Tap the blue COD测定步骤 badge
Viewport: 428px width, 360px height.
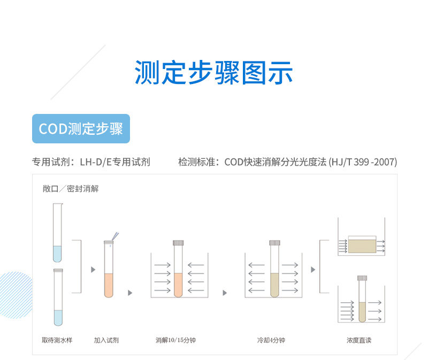click(81, 128)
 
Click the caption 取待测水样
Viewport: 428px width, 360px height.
click(57, 340)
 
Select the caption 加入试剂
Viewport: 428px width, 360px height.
click(106, 340)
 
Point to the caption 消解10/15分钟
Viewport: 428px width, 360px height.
click(175, 340)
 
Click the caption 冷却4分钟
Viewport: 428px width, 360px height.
click(271, 340)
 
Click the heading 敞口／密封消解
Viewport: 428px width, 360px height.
click(71, 189)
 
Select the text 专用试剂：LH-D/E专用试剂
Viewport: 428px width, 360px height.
click(91, 162)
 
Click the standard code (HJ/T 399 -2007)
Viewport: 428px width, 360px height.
click(363, 162)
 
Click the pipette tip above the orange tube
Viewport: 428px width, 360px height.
click(115, 236)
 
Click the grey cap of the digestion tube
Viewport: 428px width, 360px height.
click(178, 242)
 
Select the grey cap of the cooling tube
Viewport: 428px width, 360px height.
click(275, 242)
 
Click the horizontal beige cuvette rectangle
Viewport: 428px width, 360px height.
click(362, 245)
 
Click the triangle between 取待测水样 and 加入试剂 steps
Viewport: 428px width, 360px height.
click(93, 270)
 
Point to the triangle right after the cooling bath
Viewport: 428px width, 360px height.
click(313, 270)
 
